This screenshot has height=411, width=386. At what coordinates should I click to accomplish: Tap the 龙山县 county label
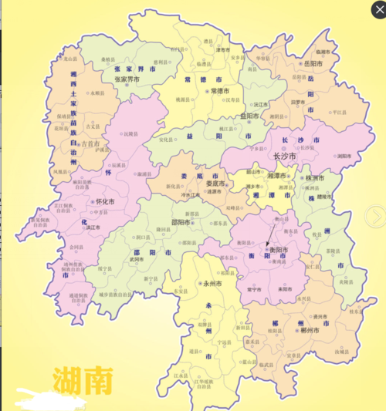click(70, 58)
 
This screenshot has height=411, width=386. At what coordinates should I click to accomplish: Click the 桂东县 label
click(355, 312)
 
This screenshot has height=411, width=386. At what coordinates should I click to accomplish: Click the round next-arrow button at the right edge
click(375, 215)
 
